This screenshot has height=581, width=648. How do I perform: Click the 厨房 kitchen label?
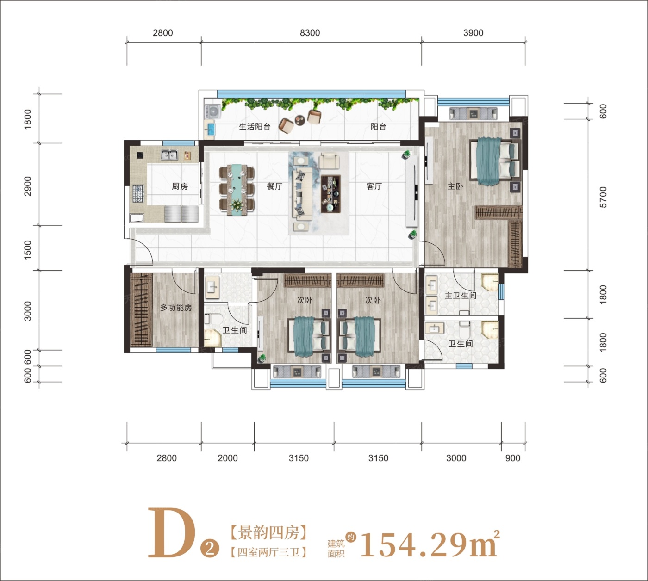point(180,186)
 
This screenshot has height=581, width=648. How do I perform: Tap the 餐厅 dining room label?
point(274,186)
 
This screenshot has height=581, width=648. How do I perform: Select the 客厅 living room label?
point(374,186)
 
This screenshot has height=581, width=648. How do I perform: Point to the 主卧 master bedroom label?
point(455,186)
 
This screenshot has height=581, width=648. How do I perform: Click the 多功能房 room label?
point(176,308)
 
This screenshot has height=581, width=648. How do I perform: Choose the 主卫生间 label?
point(461,296)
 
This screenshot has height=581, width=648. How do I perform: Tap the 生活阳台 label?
point(255,127)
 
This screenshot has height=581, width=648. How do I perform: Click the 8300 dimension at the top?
point(310,33)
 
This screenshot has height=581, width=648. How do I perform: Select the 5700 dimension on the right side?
point(603,198)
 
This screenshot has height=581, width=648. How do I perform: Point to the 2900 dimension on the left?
point(28,186)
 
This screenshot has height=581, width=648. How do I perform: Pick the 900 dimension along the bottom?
point(513,458)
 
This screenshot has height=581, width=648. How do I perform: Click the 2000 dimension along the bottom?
point(228,458)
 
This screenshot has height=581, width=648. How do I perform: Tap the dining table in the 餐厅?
point(237,190)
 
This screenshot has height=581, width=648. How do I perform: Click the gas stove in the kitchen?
point(138,194)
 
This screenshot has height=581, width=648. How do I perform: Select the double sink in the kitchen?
point(169,155)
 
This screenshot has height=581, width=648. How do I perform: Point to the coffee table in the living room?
point(331,194)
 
